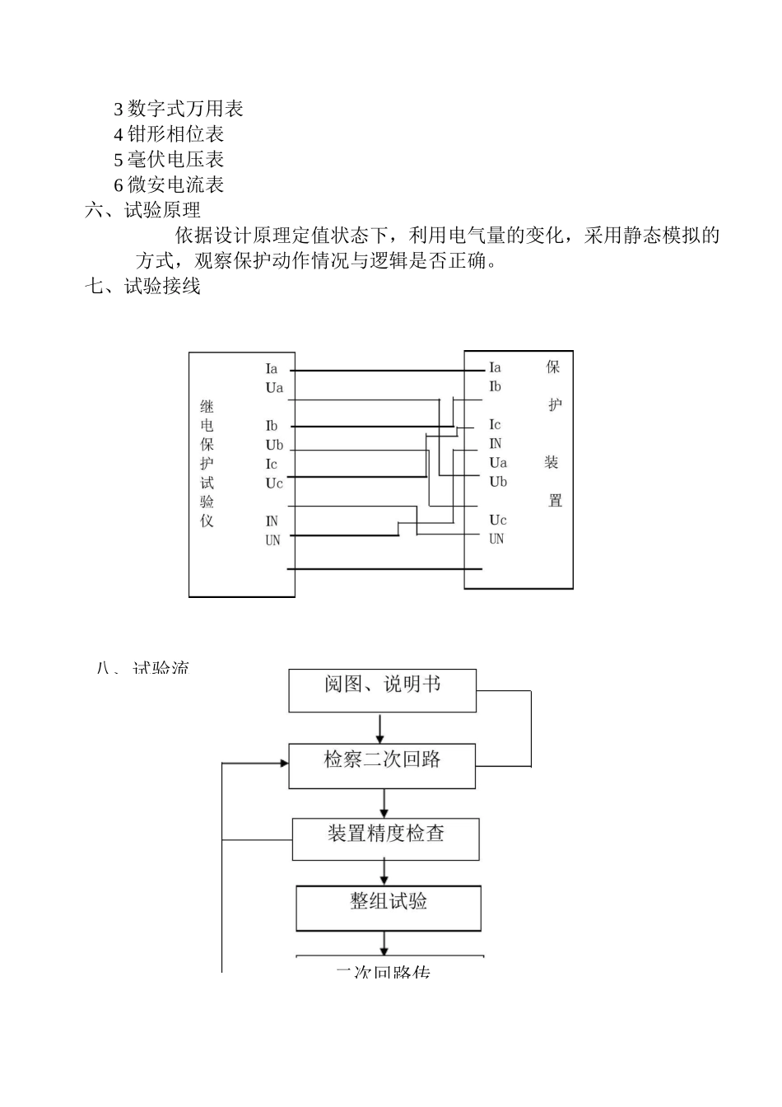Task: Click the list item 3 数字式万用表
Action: pos(178,109)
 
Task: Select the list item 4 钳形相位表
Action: pos(168,134)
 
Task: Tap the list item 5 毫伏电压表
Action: pos(168,160)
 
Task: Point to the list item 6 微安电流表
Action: pos(168,185)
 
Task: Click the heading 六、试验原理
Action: pos(142,211)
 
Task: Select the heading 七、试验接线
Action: pos(142,287)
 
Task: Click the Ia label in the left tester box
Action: pos(272,369)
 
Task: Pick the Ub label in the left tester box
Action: pos(274,446)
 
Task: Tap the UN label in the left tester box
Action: pos(272,540)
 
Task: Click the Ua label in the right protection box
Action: pos(498,463)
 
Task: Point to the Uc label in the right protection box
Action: pos(498,520)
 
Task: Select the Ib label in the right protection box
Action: pos(495,386)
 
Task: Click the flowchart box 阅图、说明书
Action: pos(382,690)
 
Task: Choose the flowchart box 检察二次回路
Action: pos(382,765)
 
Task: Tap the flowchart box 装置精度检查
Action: pos(385,838)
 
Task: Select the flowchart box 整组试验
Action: pos(389,908)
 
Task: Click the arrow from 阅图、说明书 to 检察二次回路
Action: pos(380,727)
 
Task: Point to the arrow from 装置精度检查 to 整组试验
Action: pos(384,872)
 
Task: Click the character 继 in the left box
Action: pos(207,407)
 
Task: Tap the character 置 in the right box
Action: pos(555,501)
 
